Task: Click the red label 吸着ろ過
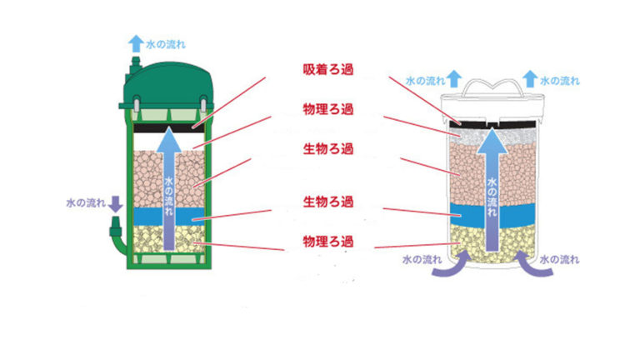(x=327, y=70)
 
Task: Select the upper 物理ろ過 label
(x=327, y=109)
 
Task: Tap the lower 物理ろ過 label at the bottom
(x=327, y=242)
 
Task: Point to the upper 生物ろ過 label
(x=327, y=149)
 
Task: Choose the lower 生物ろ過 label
(x=327, y=202)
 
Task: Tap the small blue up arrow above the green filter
(x=136, y=43)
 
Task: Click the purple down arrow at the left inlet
(x=116, y=204)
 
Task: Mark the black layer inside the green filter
(x=169, y=128)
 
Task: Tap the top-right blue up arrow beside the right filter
(x=530, y=79)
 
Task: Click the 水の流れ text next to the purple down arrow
(x=86, y=203)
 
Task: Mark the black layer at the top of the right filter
(x=492, y=124)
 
